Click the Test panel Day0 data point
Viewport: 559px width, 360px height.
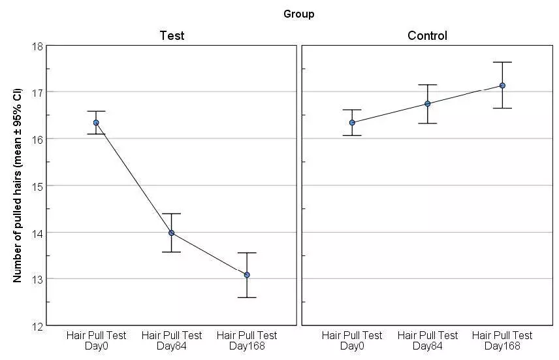pyautogui.click(x=96, y=122)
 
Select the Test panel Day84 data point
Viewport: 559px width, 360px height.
pyautogui.click(x=171, y=233)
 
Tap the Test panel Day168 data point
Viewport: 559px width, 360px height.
pyautogui.click(x=247, y=275)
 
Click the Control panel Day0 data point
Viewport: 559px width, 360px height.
pyautogui.click(x=352, y=122)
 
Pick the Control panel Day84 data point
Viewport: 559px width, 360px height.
pyautogui.click(x=428, y=104)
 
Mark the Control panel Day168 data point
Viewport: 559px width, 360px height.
pyautogui.click(x=502, y=86)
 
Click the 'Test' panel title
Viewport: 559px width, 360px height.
pyautogui.click(x=172, y=36)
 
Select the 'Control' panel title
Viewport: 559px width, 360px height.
pyautogui.click(x=427, y=36)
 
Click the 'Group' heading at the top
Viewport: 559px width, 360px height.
pyautogui.click(x=298, y=14)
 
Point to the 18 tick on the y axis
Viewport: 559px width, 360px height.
pyautogui.click(x=37, y=46)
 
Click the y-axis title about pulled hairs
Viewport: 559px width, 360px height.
pyautogui.click(x=18, y=186)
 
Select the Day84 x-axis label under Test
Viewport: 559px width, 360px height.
pyautogui.click(x=171, y=340)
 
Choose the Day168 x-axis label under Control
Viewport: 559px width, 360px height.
pyautogui.click(x=502, y=340)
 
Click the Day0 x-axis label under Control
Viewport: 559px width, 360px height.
pyautogui.click(x=352, y=340)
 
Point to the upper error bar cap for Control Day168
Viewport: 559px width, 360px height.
pyautogui.click(x=502, y=62)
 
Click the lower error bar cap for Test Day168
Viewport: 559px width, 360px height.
pyautogui.click(x=247, y=297)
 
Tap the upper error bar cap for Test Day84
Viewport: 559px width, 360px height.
pyautogui.click(x=171, y=214)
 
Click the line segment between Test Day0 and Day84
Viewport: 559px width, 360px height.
pyautogui.click(x=134, y=178)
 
